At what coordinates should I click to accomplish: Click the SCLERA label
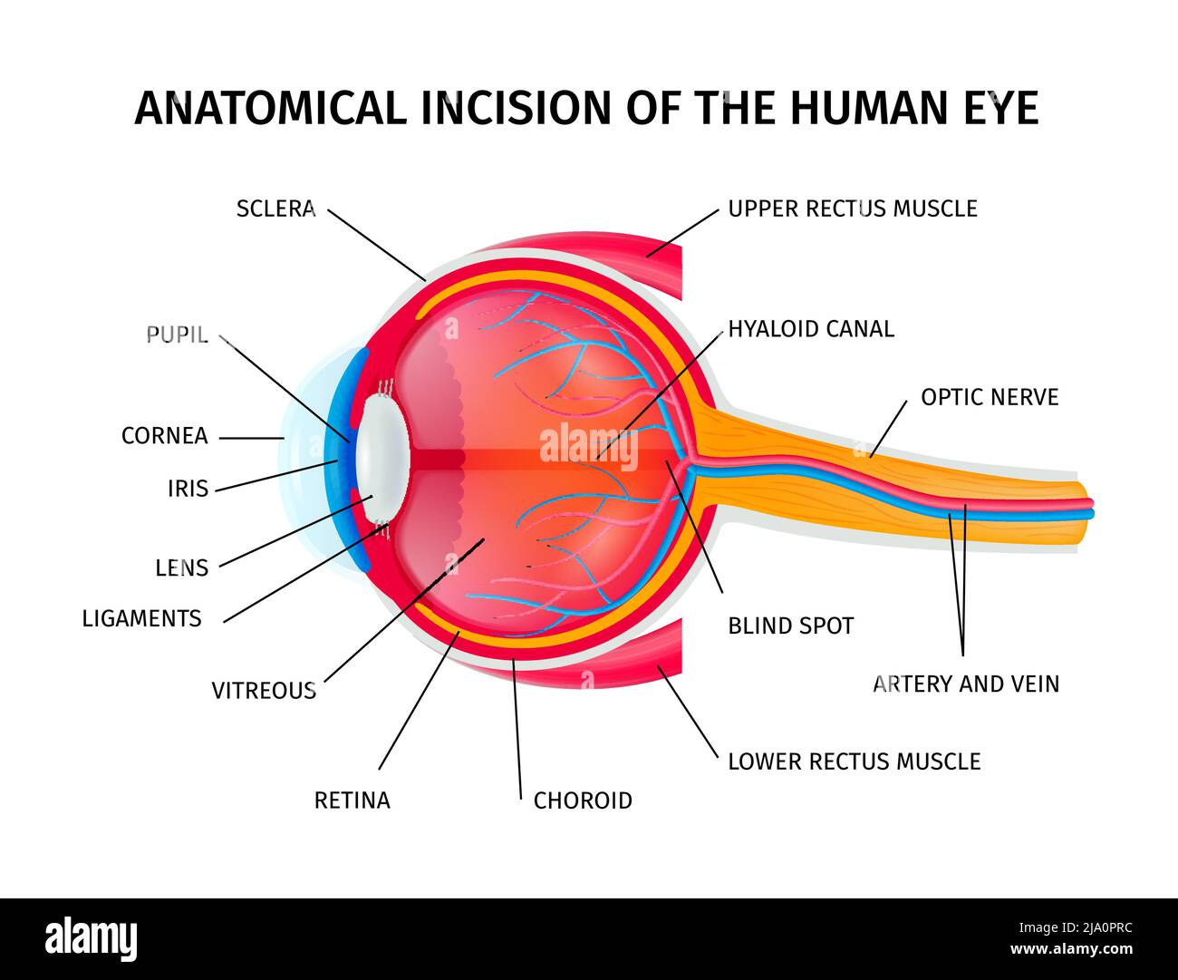[x=275, y=209]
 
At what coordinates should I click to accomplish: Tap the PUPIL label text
[x=178, y=335]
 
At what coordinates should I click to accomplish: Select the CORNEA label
[x=165, y=436]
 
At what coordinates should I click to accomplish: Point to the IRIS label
[x=188, y=489]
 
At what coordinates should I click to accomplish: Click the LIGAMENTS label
[x=142, y=618]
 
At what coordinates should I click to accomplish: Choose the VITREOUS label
[x=264, y=691]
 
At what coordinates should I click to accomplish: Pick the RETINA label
[x=352, y=800]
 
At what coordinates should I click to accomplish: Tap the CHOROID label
[x=583, y=800]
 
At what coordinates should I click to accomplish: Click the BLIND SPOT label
[x=791, y=626]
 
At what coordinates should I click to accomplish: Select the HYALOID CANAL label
[x=811, y=329]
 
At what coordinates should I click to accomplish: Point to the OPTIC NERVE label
[x=990, y=397]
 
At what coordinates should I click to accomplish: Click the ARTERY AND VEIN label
[x=966, y=684]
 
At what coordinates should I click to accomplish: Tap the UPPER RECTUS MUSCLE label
[x=853, y=209]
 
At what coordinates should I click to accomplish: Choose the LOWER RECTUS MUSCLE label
[x=855, y=762]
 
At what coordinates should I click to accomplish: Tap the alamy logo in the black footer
[x=92, y=938]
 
